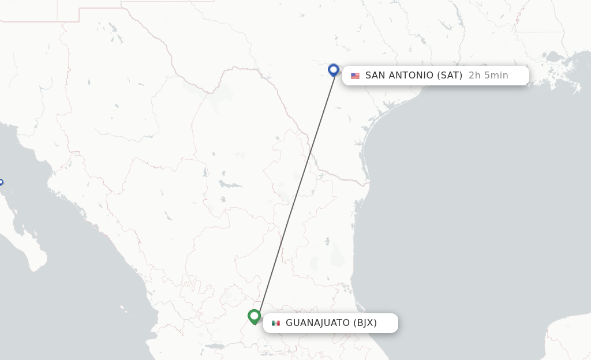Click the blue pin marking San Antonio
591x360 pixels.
click(333, 70)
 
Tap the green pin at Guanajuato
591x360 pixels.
click(254, 316)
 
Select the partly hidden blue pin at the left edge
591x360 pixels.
click(1, 184)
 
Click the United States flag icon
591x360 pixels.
click(355, 76)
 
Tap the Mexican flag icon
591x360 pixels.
click(276, 323)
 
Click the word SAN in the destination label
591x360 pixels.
click(376, 76)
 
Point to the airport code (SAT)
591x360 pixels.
click(450, 76)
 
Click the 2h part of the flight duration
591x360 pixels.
click(474, 76)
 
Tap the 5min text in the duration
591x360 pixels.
click(496, 76)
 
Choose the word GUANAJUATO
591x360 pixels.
click(317, 323)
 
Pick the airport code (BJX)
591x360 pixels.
click(365, 323)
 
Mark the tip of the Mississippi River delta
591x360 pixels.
click(578, 89)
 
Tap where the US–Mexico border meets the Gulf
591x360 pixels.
click(368, 184)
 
